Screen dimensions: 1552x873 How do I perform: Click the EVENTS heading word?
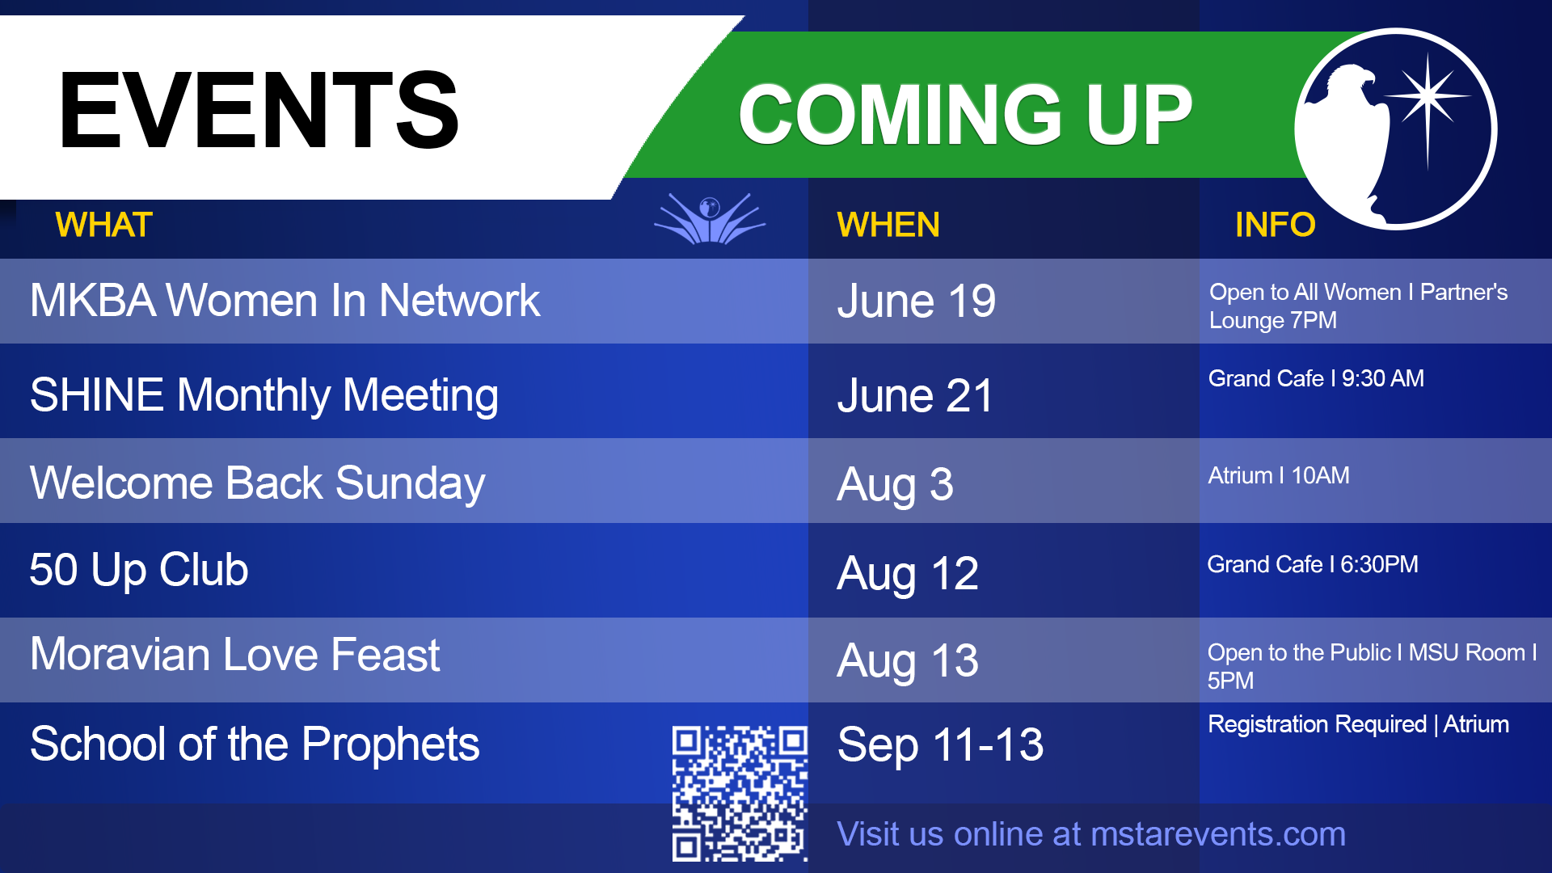(259, 110)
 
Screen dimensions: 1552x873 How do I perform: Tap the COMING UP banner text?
(965, 115)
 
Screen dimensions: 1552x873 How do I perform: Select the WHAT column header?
(104, 225)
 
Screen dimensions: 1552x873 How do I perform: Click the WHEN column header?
(888, 225)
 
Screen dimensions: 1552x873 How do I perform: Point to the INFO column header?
(1276, 225)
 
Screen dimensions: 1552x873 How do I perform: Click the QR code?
(740, 793)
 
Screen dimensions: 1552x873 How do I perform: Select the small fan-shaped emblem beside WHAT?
(710, 218)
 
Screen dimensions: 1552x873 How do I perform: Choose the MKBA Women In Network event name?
(285, 301)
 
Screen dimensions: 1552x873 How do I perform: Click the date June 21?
(915, 396)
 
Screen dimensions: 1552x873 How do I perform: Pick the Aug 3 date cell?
(896, 485)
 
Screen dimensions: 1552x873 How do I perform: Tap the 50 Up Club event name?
(139, 570)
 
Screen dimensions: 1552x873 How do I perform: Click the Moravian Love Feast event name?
(235, 654)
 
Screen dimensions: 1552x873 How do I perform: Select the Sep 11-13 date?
(941, 744)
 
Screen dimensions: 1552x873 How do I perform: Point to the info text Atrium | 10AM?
(1279, 475)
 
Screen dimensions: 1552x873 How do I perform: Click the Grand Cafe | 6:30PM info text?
(1313, 564)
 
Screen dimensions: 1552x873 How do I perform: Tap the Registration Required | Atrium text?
(1358, 724)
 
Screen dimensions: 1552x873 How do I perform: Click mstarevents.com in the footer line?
(1218, 834)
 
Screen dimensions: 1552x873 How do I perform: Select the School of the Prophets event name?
(255, 744)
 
